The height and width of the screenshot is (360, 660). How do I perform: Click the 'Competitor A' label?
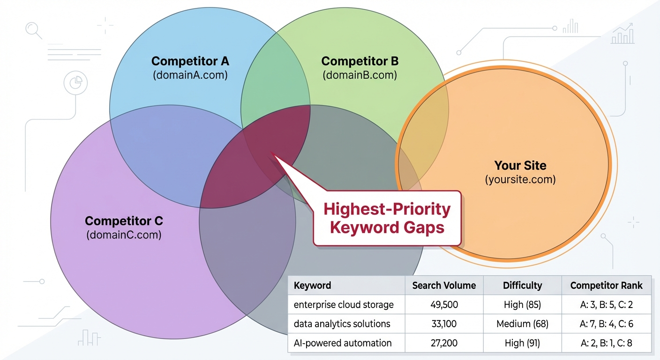click(x=190, y=61)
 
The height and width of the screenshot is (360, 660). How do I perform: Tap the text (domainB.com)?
click(x=360, y=75)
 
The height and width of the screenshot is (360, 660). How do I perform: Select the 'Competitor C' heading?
click(x=124, y=221)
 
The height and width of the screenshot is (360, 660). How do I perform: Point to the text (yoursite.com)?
click(x=520, y=179)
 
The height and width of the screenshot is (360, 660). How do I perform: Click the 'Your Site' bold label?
click(x=520, y=165)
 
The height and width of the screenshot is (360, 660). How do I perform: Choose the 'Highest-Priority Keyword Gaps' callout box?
click(x=387, y=218)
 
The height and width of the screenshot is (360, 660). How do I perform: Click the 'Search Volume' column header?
click(x=443, y=285)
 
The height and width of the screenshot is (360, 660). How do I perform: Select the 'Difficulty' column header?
click(x=522, y=285)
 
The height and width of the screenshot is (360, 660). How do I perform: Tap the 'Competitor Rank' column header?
click(x=606, y=285)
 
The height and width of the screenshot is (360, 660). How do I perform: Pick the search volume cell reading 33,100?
click(x=443, y=324)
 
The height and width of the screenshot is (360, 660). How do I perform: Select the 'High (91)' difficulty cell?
click(x=522, y=343)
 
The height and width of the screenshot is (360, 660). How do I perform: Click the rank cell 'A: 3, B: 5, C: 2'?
click(x=606, y=305)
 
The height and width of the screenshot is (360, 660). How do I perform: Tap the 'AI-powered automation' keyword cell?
click(x=343, y=343)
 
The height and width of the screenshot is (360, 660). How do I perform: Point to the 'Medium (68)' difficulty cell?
click(x=522, y=324)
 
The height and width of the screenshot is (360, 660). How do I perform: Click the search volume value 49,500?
click(x=443, y=305)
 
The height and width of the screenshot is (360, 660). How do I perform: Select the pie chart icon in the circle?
click(x=75, y=83)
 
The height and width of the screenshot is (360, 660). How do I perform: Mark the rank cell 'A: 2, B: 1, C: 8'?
click(x=606, y=343)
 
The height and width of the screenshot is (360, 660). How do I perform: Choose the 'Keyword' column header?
click(x=312, y=285)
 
